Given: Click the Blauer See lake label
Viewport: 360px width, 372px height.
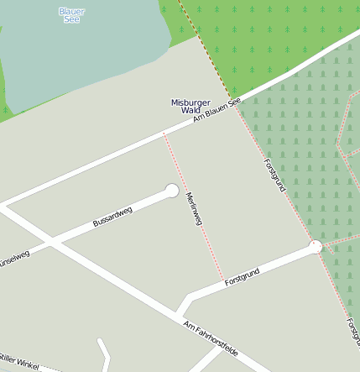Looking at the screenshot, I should tap(71, 14).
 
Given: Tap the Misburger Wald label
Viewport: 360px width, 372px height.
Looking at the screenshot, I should tap(190, 106).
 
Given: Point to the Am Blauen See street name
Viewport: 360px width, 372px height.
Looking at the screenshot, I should tap(217, 110).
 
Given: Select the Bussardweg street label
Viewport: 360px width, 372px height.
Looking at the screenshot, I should tap(112, 217).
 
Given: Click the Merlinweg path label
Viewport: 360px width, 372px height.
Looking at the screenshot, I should tap(194, 208).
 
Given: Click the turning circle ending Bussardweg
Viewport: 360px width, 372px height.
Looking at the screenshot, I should tap(172, 191).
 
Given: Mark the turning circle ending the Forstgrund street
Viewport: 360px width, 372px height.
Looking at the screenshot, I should tap(316, 246).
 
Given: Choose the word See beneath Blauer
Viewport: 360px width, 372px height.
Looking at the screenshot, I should tap(71, 18).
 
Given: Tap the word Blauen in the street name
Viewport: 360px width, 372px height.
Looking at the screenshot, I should tap(217, 110).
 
